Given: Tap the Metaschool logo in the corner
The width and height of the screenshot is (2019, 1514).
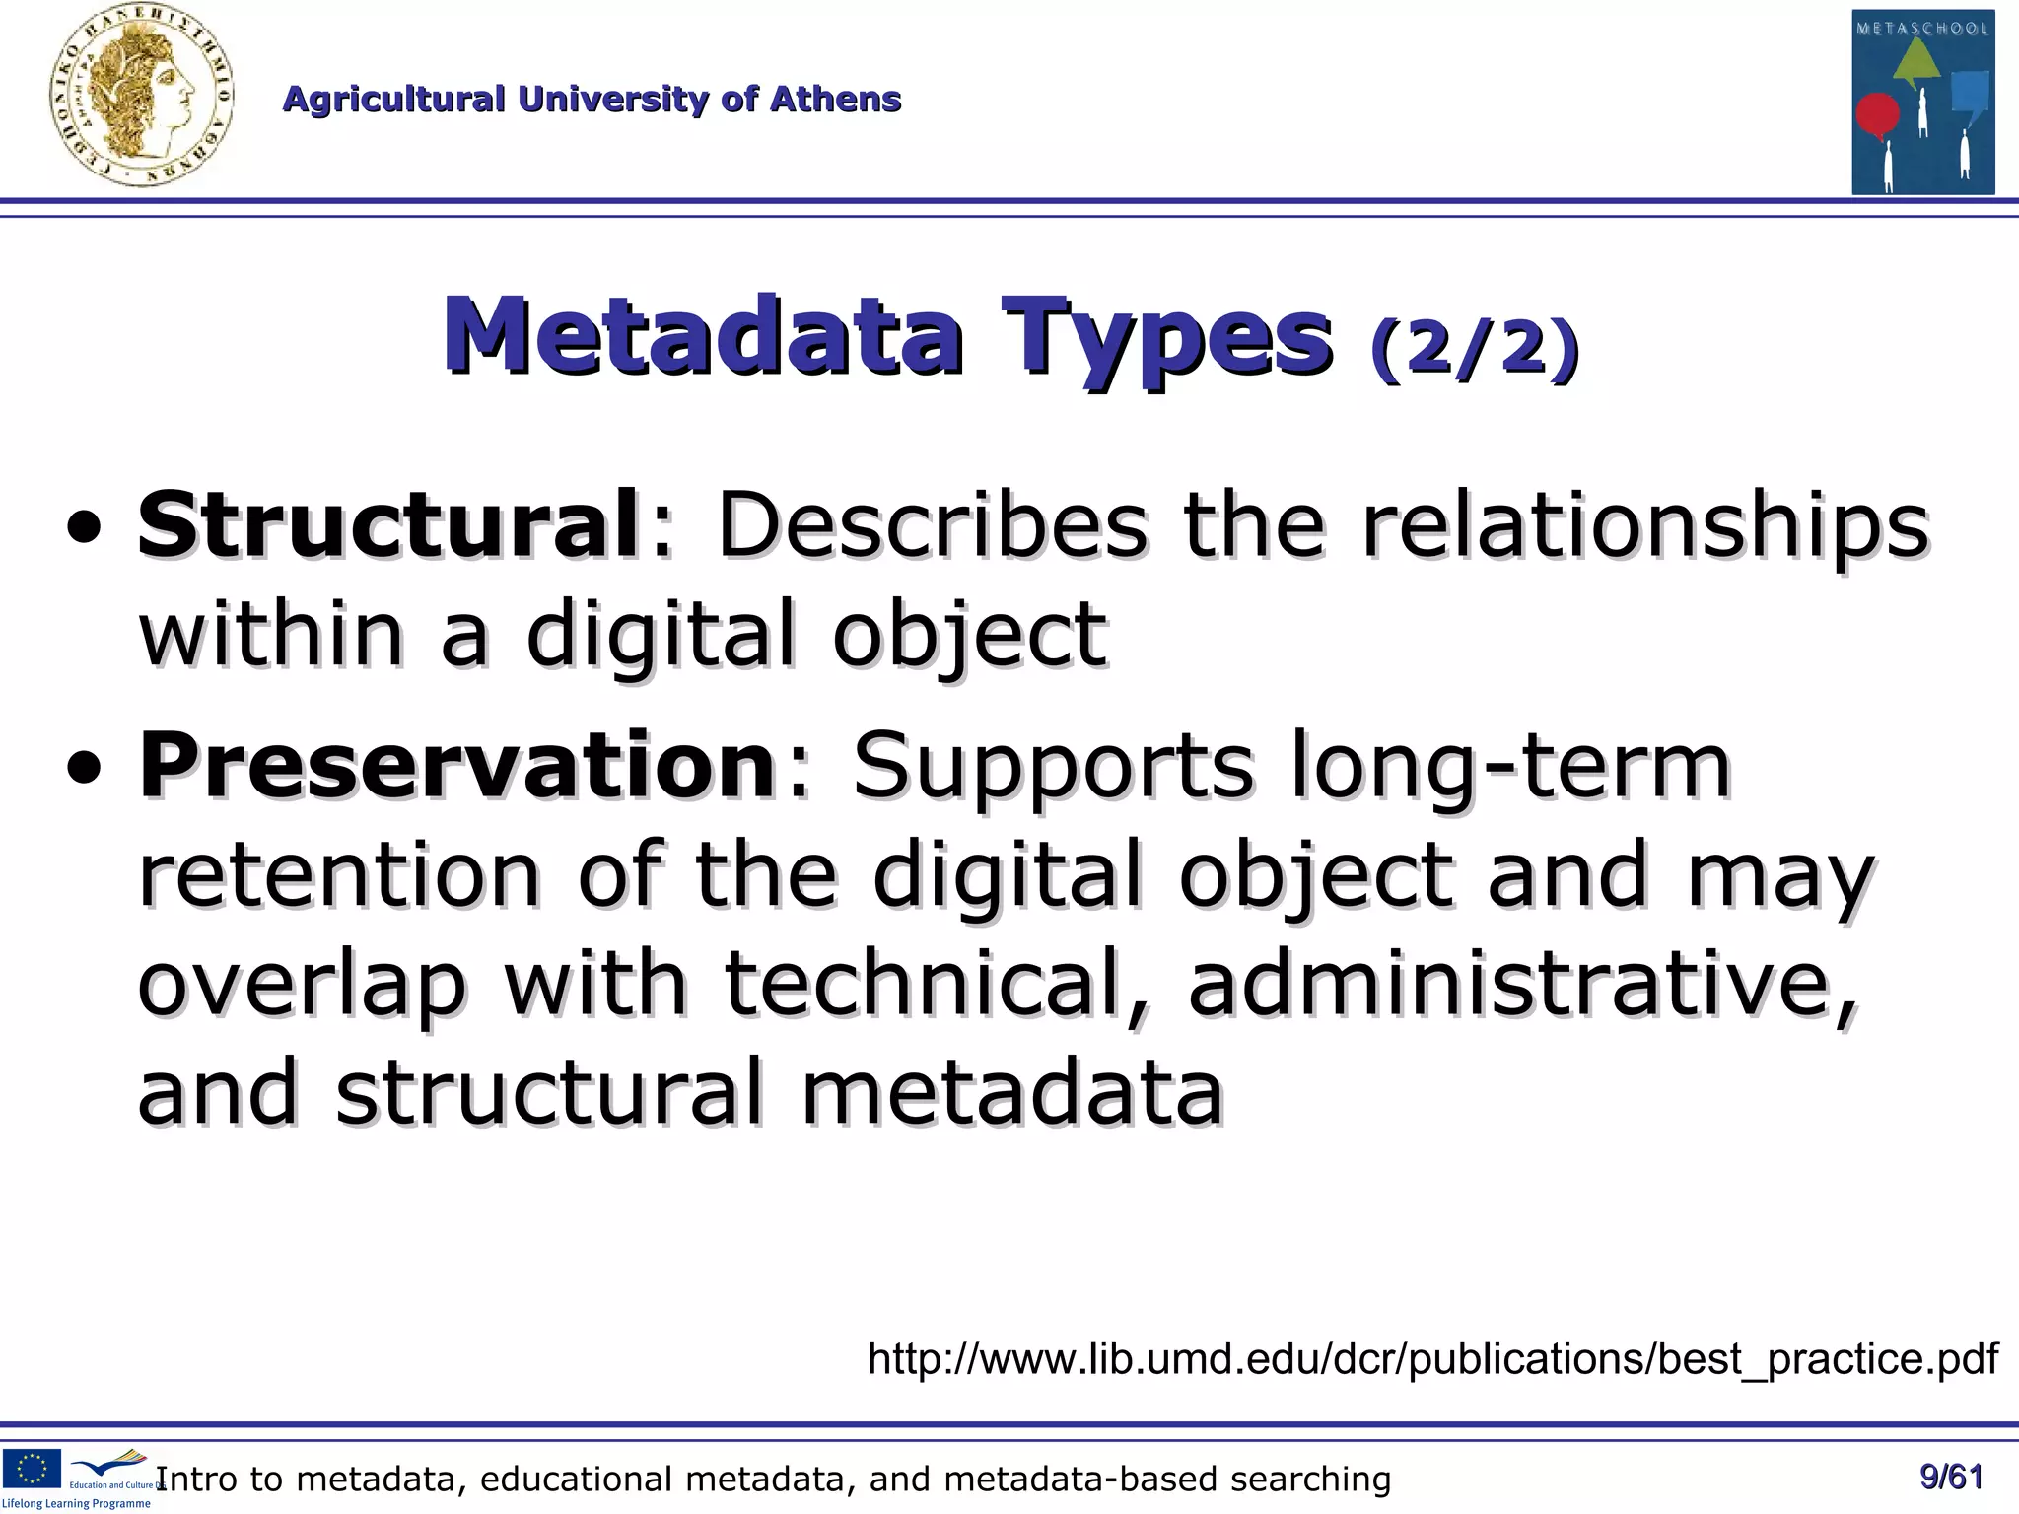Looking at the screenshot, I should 1922,102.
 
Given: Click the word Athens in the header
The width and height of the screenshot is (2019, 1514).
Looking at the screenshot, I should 835,100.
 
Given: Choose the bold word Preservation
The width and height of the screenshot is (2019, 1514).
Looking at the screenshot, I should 457,765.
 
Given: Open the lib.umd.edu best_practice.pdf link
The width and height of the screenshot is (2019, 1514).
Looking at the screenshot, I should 1432,1358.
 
